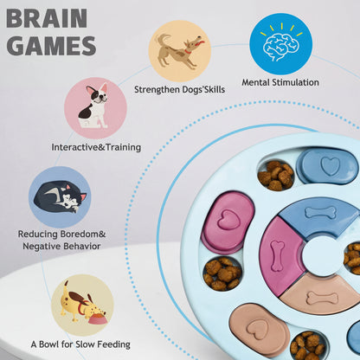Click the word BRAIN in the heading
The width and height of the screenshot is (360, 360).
[47, 18]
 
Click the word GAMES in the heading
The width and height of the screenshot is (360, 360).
[51, 46]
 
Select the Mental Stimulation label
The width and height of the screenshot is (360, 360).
[280, 82]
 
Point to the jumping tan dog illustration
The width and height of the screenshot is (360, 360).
[179, 50]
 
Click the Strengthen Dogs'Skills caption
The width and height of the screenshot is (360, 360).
[179, 89]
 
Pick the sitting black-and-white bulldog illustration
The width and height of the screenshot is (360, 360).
[94, 106]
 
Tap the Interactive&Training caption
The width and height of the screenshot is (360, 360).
[96, 147]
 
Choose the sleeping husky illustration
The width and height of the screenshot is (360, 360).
[61, 198]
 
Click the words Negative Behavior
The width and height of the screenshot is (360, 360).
[61, 247]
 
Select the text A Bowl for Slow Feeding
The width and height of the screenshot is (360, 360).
[80, 344]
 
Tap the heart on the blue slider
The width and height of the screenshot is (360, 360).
[331, 166]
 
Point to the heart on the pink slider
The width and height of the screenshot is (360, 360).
[228, 220]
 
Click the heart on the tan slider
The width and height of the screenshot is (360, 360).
[259, 329]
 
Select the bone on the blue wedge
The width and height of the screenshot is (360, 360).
[320, 213]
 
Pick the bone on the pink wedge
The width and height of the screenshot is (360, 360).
[278, 256]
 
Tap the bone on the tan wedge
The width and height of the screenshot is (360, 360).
[322, 298]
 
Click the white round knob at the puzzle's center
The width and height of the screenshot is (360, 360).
[324, 256]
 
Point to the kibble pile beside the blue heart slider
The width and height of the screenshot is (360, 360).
[276, 176]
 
